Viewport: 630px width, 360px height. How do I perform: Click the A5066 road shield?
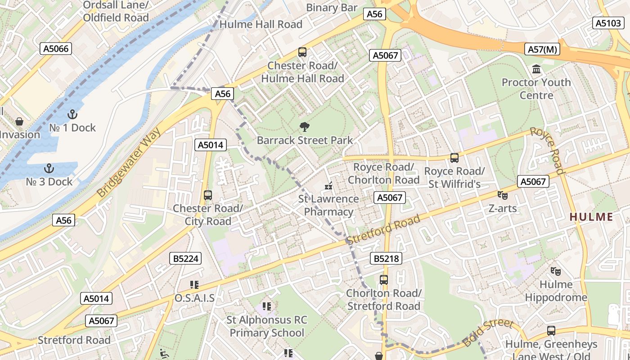point(56,49)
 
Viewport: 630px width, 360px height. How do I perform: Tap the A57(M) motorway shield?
point(542,49)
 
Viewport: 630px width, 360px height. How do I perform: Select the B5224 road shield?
point(185,258)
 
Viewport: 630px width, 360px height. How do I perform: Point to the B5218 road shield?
point(386,258)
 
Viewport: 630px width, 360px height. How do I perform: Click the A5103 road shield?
point(608,23)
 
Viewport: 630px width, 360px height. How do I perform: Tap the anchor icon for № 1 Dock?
point(72,114)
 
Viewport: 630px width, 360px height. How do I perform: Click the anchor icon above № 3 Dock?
point(49,168)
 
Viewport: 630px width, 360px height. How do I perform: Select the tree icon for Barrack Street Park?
point(305,127)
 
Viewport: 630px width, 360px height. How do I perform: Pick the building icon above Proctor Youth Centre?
point(536,69)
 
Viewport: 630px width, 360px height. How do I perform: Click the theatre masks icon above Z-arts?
point(503,195)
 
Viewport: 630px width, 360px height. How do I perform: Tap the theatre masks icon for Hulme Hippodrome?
point(556,271)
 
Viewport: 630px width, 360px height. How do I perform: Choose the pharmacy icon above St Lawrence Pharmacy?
point(328,185)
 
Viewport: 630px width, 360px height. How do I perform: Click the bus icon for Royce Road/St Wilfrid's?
point(454,158)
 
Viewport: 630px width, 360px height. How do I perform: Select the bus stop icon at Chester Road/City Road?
point(208,195)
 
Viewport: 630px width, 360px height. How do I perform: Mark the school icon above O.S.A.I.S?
point(194,284)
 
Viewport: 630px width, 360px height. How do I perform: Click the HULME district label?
point(591,217)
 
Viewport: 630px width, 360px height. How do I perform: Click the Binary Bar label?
point(332,8)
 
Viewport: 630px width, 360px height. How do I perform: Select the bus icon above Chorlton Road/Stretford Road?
point(384,280)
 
